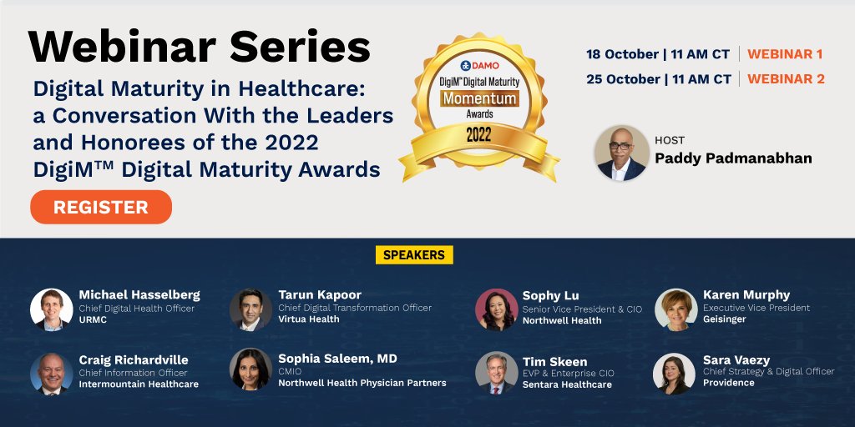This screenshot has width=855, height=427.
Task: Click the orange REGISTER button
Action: click(x=101, y=207)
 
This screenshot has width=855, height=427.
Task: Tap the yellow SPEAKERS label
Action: click(x=414, y=254)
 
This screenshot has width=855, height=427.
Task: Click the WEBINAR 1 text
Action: click(x=785, y=54)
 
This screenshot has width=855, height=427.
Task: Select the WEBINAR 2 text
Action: click(x=786, y=79)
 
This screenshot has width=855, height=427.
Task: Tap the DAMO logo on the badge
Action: click(x=479, y=65)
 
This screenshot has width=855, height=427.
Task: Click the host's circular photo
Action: click(x=621, y=153)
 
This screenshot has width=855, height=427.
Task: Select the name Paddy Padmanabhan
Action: click(x=733, y=158)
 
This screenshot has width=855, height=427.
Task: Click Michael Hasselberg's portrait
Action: click(x=51, y=309)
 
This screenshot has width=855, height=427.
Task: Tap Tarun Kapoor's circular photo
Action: click(x=250, y=309)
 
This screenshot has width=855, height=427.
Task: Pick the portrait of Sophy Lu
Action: click(x=496, y=309)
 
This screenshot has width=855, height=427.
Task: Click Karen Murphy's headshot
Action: click(x=675, y=309)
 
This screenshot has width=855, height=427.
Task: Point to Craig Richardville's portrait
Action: click(x=51, y=373)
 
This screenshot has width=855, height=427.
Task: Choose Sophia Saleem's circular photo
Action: click(x=250, y=369)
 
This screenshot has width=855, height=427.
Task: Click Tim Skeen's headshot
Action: click(x=496, y=373)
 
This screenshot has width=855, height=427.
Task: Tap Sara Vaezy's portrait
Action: click(x=675, y=373)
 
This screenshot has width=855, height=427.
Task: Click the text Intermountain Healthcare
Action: click(x=139, y=384)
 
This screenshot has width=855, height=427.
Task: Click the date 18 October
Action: click(x=622, y=54)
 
